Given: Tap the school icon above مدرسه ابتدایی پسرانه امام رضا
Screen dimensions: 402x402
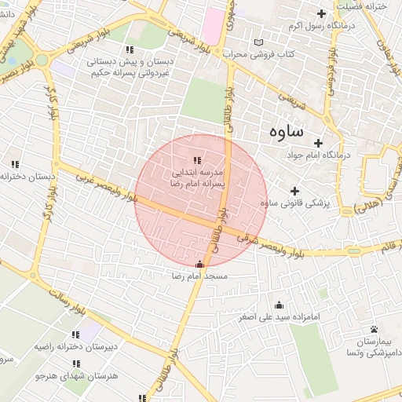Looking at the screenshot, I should pyautogui.click(x=196, y=160).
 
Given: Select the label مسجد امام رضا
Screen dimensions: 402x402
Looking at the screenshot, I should pyautogui.click(x=199, y=277).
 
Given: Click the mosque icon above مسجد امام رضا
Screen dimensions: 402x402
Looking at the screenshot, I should pyautogui.click(x=199, y=265).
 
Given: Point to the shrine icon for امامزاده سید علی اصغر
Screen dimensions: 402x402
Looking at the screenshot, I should pyautogui.click(x=279, y=305).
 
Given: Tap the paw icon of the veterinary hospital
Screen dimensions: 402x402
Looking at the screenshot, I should pyautogui.click(x=374, y=330).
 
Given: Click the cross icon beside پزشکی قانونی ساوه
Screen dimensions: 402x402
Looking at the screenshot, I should pyautogui.click(x=294, y=191).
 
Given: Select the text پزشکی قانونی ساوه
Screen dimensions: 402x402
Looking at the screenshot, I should pyautogui.click(x=294, y=203).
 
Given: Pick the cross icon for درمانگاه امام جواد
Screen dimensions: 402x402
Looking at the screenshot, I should pyautogui.click(x=318, y=143).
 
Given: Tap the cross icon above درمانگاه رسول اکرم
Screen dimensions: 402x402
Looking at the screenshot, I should pyautogui.click(x=320, y=13).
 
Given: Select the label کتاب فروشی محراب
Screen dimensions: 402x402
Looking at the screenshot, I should pyautogui.click(x=266, y=54).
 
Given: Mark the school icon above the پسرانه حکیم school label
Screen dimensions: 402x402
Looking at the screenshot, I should pyautogui.click(x=108, y=49).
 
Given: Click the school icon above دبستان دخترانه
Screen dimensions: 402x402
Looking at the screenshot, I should pyautogui.click(x=14, y=164).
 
